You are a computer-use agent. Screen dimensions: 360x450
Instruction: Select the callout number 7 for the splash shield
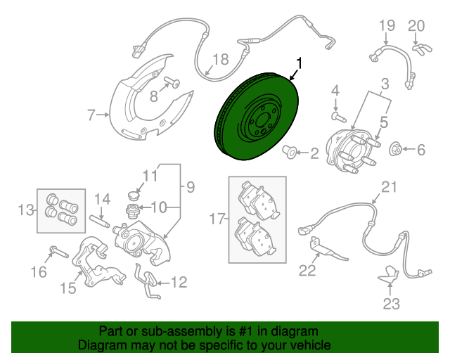(x=91, y=114)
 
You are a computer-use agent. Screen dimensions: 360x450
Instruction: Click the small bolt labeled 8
(x=169, y=84)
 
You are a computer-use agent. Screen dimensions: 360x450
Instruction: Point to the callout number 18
(x=221, y=60)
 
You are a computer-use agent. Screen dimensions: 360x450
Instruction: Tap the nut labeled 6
(x=396, y=148)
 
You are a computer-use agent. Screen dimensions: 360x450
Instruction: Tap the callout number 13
(x=27, y=209)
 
